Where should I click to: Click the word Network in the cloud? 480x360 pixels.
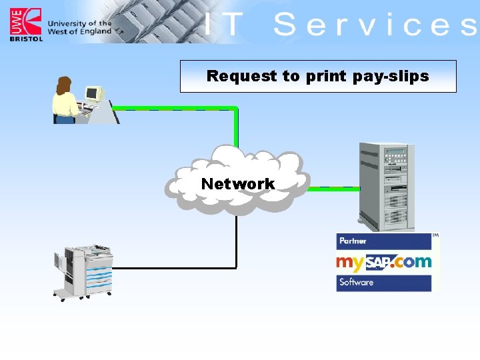[237, 184]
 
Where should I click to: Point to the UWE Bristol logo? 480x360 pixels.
[25, 25]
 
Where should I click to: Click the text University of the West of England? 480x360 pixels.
[79, 27]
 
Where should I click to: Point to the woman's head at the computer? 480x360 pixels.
[64, 85]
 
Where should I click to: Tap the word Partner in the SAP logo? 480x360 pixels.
[353, 241]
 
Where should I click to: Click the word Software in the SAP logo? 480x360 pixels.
[357, 282]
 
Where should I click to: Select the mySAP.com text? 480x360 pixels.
[383, 261]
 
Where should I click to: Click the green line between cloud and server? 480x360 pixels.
[333, 189]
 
